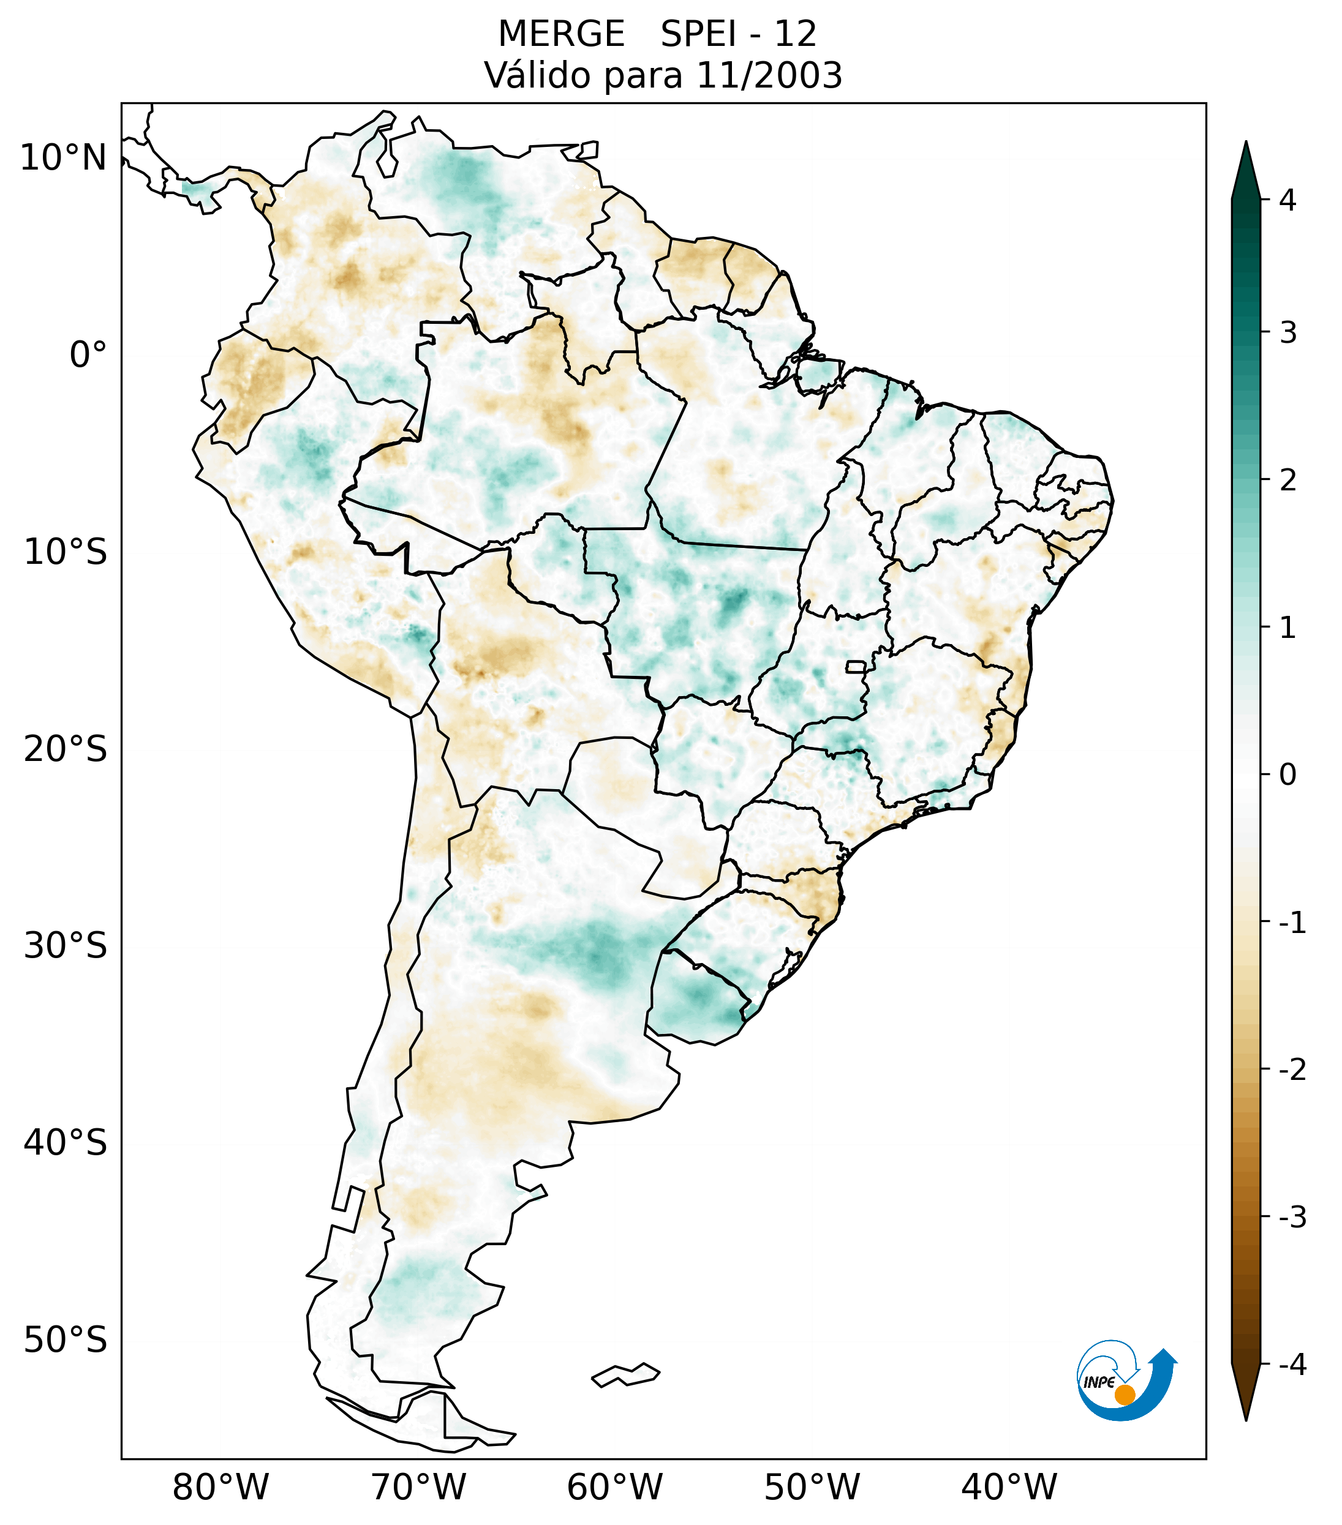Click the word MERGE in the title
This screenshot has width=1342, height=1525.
coord(560,34)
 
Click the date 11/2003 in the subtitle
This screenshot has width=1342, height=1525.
coord(769,75)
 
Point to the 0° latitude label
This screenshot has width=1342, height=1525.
coord(88,355)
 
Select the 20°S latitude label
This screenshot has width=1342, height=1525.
coord(66,750)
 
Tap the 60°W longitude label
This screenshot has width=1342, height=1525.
coord(614,1488)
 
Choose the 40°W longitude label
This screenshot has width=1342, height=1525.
coord(1008,1488)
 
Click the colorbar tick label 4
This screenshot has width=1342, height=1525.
coord(1287,200)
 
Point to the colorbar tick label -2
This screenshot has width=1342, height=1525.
coord(1292,1070)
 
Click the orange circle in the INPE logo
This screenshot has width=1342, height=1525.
coord(1124,1395)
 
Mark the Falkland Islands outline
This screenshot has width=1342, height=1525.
coord(625,1374)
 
